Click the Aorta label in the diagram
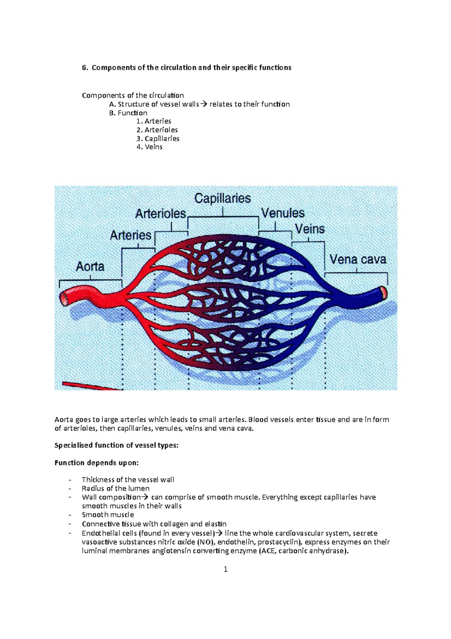[90, 266]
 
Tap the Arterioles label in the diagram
[160, 214]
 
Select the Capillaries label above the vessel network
[222, 198]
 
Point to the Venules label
[283, 213]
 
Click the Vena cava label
[358, 259]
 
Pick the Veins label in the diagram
[310, 229]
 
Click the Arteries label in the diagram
[130, 236]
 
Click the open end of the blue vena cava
[384, 292]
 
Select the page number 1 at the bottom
[225, 569]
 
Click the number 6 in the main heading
[84, 68]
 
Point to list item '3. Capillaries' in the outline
[158, 138]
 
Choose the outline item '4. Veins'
[150, 147]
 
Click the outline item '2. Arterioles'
[157, 130]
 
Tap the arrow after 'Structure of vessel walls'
[203, 104]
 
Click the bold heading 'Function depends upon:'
[97, 463]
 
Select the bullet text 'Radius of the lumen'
[115, 488]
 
